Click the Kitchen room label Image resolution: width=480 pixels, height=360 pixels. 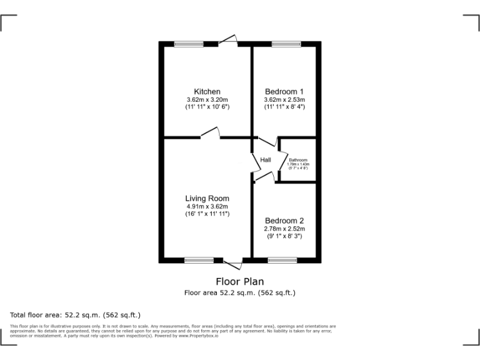pyautogui.click(x=207, y=92)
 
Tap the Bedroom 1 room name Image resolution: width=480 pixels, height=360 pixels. pyautogui.click(x=284, y=92)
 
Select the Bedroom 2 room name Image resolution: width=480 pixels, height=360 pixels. pyautogui.click(x=284, y=221)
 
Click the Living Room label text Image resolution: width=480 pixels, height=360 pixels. pyautogui.click(x=207, y=199)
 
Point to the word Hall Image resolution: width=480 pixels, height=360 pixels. pyautogui.click(x=266, y=161)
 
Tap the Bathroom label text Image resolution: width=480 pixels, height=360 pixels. pyautogui.click(x=298, y=160)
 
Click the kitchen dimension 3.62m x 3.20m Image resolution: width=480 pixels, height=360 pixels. pyautogui.click(x=207, y=99)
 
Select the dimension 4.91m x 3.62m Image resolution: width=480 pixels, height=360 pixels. pyautogui.click(x=207, y=206)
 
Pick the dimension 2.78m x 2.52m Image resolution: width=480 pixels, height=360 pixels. pyautogui.click(x=284, y=229)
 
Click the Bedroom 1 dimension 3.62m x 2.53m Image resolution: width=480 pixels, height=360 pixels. pyautogui.click(x=284, y=99)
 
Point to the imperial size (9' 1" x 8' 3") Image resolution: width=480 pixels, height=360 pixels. pyautogui.click(x=284, y=236)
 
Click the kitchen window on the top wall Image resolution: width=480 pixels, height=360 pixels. pyautogui.click(x=189, y=44)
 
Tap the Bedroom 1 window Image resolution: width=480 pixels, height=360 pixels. pyautogui.click(x=286, y=44)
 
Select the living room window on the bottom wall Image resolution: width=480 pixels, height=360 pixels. pyautogui.click(x=199, y=260)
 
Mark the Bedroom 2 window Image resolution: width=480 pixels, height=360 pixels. pyautogui.click(x=282, y=260)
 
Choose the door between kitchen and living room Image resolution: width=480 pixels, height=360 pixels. pyautogui.click(x=210, y=134)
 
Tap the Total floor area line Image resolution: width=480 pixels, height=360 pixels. pyautogui.click(x=76, y=314)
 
